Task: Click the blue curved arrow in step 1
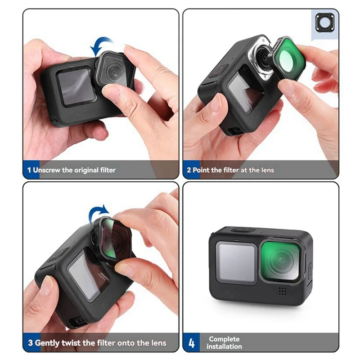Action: [101, 45]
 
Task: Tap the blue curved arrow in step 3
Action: [98, 212]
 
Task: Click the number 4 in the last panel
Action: [192, 343]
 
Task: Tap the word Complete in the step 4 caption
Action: [224, 339]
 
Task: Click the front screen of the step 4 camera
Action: [236, 262]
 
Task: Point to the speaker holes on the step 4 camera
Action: [283, 291]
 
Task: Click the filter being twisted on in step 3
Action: [113, 238]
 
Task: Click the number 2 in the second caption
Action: [189, 170]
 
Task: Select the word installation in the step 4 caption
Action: [224, 346]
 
